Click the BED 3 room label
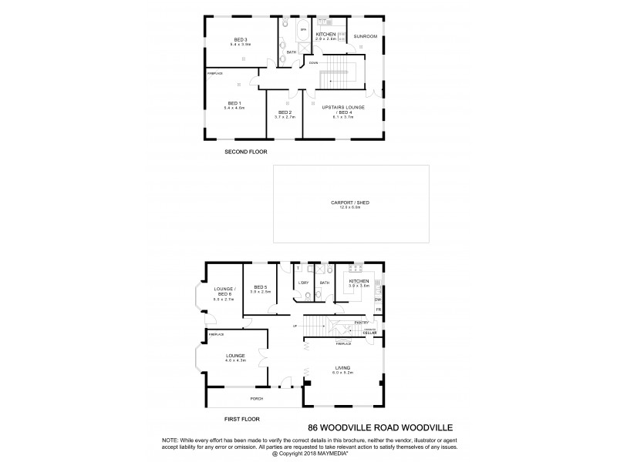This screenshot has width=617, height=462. tap(240, 39)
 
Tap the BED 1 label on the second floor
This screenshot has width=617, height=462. tap(234, 103)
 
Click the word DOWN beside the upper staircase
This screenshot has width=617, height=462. tap(314, 62)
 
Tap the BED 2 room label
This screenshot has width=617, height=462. tap(284, 112)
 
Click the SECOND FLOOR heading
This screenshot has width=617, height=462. tap(245, 152)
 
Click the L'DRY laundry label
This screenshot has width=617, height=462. tap(303, 283)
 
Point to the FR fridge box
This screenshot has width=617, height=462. tap(378, 310)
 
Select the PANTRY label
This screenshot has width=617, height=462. tap(362, 322)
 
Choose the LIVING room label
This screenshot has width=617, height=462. tap(342, 368)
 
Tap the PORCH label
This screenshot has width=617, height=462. tap(256, 398)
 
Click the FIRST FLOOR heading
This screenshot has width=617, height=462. tap(242, 419)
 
